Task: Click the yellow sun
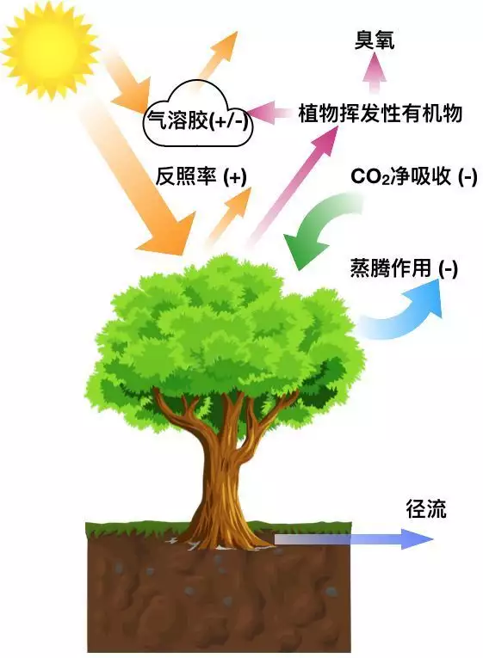click(x=51, y=50)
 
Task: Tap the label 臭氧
click(x=375, y=40)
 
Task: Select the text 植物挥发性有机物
click(x=381, y=114)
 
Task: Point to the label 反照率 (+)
click(x=201, y=176)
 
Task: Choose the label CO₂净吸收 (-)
click(x=414, y=176)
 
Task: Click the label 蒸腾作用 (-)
click(x=404, y=268)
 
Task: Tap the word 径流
click(x=426, y=509)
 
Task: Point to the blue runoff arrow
click(x=354, y=538)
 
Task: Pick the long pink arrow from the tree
click(x=294, y=185)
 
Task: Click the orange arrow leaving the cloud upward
click(x=217, y=57)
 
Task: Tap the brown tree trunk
click(x=225, y=470)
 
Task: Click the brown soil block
click(x=219, y=592)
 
